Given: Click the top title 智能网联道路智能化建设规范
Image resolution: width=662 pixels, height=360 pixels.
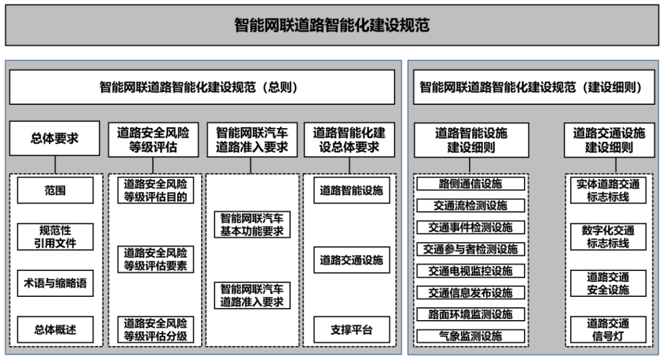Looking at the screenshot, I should point(332,25).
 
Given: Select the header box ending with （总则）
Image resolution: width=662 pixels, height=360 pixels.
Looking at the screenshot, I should point(202,87).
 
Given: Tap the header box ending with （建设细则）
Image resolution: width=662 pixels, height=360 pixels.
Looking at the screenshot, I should point(531,87).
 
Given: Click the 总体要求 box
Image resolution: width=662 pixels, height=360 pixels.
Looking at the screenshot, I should point(55,139).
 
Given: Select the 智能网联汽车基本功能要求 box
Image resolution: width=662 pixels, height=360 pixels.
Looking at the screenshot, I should point(252,224).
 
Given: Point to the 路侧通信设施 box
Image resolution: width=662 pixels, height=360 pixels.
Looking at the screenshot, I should point(470,183).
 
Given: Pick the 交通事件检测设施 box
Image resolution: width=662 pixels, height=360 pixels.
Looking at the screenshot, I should point(470,227).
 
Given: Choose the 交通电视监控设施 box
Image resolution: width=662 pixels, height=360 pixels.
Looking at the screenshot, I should point(470,270).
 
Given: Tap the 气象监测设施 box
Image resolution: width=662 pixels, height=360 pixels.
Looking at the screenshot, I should point(470,336).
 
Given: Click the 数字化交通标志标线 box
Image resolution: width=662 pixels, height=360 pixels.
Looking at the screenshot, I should point(608,237).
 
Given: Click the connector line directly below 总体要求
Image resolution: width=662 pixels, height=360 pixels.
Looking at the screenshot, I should point(55,165).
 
